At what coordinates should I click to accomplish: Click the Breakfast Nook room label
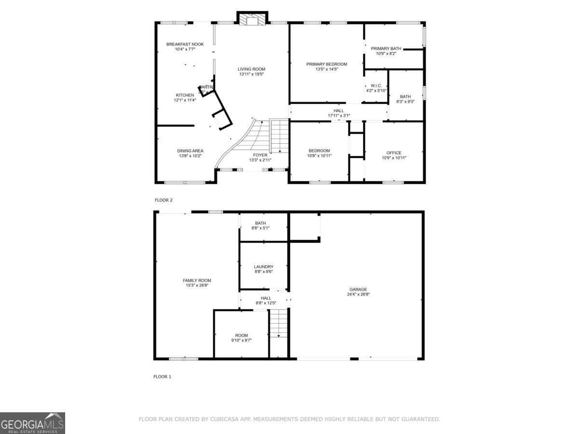coord(185,44)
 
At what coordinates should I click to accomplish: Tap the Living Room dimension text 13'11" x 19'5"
coord(251,74)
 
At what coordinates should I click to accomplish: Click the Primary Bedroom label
coord(327,64)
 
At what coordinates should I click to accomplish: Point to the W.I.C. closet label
coord(376,85)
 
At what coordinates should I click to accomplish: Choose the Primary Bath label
coord(386,49)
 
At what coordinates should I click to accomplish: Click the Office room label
coord(394,153)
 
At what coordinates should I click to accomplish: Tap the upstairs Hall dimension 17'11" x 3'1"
coord(339,116)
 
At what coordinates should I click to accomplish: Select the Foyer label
coord(260,155)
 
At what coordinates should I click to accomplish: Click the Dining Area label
coord(190,151)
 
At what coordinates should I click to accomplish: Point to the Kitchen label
coord(185,95)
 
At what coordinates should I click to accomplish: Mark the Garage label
coord(358,289)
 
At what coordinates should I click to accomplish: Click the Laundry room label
coord(263,267)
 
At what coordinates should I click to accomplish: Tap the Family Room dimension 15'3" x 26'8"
coord(197,285)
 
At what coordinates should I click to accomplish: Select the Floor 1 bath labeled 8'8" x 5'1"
coord(261,225)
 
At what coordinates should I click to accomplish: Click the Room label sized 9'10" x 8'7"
coord(241,336)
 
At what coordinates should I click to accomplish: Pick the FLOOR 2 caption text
coord(163,200)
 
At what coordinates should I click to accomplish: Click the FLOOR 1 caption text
coord(162,377)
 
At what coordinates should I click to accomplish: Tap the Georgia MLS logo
coord(32,423)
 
